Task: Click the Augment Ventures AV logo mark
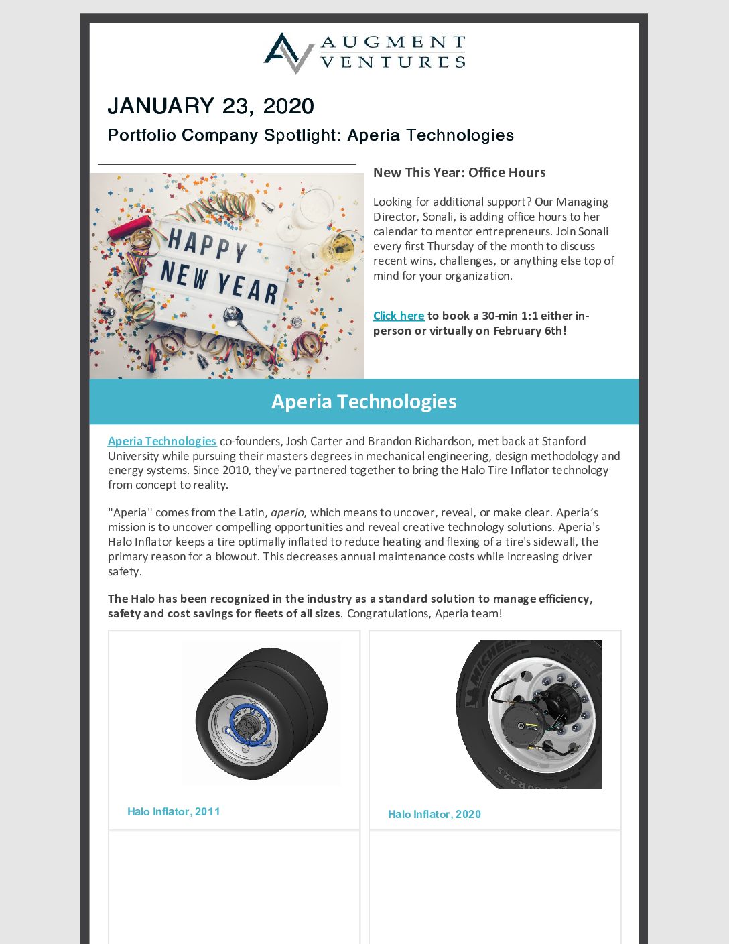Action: (289, 52)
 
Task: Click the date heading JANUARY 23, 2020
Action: (210, 106)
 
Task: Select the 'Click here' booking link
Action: (399, 316)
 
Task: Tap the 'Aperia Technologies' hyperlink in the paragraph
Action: (161, 441)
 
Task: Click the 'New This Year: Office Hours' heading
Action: (459, 172)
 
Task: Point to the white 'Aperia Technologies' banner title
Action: (364, 402)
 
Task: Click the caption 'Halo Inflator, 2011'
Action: (174, 811)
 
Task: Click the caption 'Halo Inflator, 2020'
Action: (434, 814)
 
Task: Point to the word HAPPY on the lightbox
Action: (208, 246)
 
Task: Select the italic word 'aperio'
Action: (287, 512)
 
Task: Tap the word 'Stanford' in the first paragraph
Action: (564, 441)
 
